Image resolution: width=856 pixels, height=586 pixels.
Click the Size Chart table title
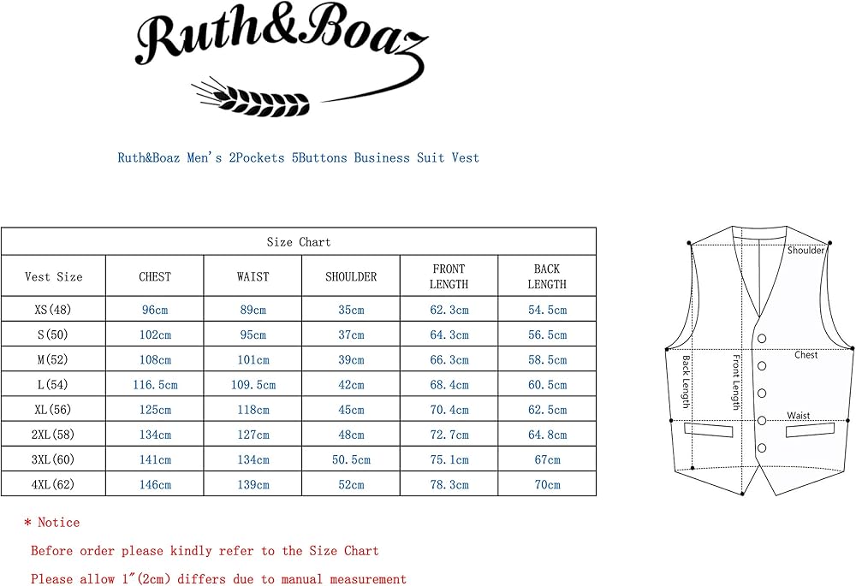(298, 242)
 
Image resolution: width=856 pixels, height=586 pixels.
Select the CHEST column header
(155, 276)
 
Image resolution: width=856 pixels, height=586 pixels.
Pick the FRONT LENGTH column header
(449, 276)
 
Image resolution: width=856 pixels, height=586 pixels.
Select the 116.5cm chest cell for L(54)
(155, 385)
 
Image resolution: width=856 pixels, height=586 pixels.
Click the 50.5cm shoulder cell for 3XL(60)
(351, 459)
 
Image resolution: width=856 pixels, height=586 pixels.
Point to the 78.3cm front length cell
(449, 484)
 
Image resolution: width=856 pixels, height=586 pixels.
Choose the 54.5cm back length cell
(547, 310)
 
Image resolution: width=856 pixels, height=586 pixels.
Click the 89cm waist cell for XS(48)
(253, 310)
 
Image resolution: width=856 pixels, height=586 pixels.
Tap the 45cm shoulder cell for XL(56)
(351, 410)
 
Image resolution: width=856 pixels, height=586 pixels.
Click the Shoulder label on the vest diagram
(805, 251)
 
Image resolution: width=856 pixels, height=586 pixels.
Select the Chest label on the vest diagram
(805, 354)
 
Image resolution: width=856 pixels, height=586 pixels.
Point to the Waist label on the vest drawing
(799, 416)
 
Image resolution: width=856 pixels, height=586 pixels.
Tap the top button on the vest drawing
(761, 339)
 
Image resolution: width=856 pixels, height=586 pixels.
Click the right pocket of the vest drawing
(810, 429)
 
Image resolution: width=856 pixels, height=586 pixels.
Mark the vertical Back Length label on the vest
(686, 382)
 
